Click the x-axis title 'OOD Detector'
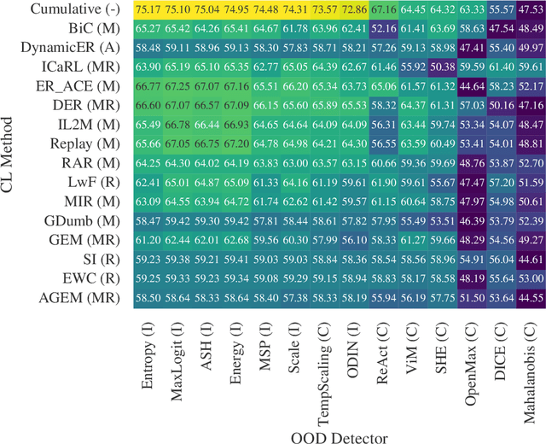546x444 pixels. pyautogui.click(x=338, y=435)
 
